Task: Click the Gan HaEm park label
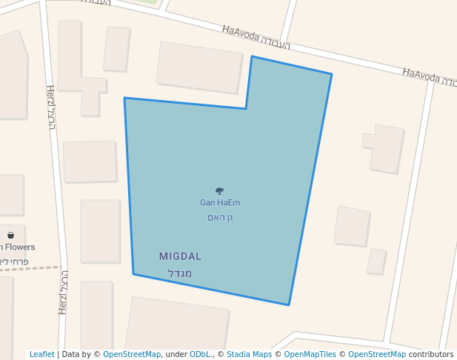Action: (x=220, y=202)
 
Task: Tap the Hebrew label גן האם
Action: (x=220, y=218)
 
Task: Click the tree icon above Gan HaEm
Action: (x=219, y=191)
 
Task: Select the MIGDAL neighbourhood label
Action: (x=180, y=256)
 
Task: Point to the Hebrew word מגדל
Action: (x=180, y=273)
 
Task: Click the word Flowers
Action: (x=21, y=247)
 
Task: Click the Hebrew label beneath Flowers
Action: (x=15, y=261)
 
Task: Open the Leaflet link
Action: (x=41, y=355)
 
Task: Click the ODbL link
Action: (x=201, y=355)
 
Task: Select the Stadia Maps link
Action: (x=249, y=355)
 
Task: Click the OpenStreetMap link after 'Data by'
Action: (x=131, y=355)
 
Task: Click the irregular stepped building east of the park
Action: (x=385, y=148)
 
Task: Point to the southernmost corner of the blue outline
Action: (x=289, y=304)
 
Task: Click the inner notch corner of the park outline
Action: (x=246, y=109)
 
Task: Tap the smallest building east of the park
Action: (x=377, y=261)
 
